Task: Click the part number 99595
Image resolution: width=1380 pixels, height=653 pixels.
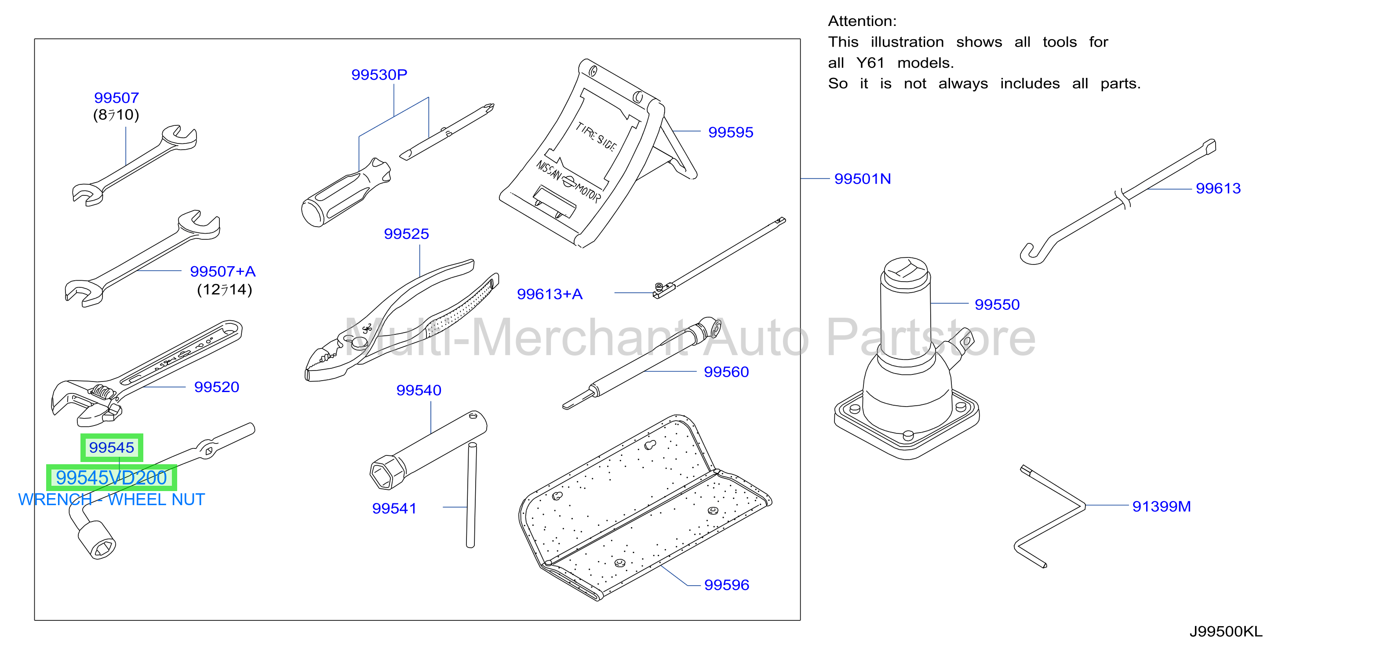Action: click(x=730, y=132)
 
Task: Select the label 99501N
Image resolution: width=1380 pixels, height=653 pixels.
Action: click(x=863, y=179)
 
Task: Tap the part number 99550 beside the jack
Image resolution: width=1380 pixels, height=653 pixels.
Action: click(x=997, y=304)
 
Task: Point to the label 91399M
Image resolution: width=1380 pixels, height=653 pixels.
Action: click(x=1162, y=506)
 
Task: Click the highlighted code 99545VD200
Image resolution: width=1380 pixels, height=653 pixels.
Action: click(x=111, y=477)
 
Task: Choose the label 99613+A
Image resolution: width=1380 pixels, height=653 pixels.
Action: click(x=550, y=294)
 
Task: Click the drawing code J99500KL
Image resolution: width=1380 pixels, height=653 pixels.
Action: click(x=1226, y=631)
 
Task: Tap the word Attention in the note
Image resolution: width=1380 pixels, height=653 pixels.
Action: click(x=861, y=21)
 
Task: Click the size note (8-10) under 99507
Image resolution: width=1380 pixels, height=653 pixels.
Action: click(x=116, y=115)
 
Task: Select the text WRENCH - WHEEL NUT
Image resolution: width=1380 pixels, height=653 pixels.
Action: click(x=111, y=500)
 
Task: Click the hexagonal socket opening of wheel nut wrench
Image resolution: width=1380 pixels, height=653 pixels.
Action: click(x=103, y=547)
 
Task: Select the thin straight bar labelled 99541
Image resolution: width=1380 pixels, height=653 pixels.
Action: click(x=471, y=495)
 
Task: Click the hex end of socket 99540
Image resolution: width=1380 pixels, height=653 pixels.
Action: click(x=383, y=472)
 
